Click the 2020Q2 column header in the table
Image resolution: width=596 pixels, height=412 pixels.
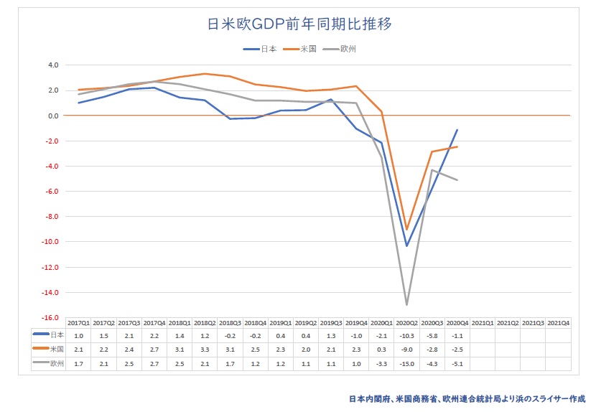click(x=407, y=324)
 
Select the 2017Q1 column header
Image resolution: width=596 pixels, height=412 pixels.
click(x=79, y=324)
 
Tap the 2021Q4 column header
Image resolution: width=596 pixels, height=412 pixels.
click(x=558, y=324)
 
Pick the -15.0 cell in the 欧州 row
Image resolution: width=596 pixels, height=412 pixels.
click(x=407, y=364)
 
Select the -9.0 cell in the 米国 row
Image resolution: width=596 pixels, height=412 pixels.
click(x=407, y=349)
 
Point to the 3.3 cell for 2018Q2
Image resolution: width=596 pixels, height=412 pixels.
click(x=205, y=349)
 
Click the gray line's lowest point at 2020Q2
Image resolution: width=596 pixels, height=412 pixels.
click(x=407, y=305)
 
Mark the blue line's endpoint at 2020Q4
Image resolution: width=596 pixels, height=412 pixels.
click(x=457, y=130)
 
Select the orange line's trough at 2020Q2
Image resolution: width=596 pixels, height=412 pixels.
click(x=407, y=230)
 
